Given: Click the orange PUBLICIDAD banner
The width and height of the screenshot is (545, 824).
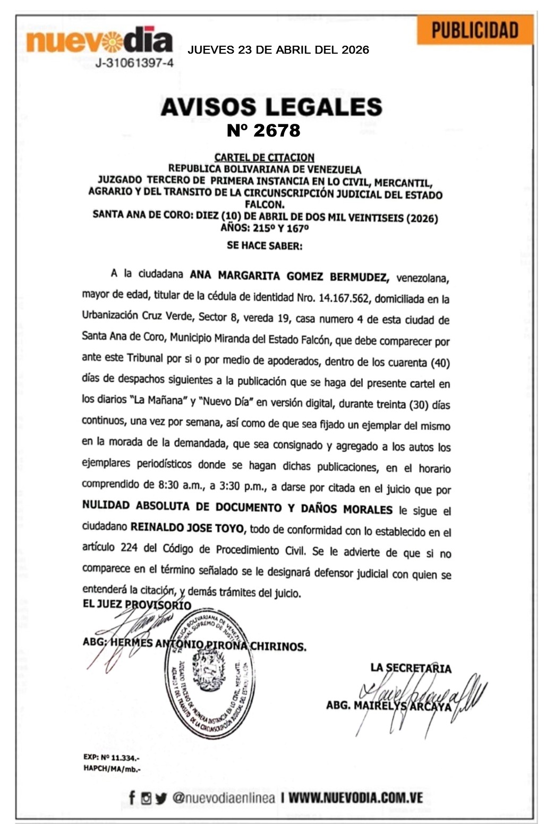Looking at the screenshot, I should (474, 30).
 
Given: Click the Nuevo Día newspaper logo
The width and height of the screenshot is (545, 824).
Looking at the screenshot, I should (99, 40).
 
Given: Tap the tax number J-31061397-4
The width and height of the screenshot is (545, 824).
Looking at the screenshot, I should (134, 63).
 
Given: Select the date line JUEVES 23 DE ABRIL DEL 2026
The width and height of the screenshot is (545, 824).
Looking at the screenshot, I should (278, 50).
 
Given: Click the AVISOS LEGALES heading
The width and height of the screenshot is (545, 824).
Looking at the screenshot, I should (271, 107).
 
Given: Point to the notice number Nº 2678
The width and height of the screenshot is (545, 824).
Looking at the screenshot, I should (263, 131).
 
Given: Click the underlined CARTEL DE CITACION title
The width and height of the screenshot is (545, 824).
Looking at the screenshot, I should (264, 157).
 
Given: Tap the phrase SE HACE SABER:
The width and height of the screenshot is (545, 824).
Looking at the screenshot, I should (264, 245).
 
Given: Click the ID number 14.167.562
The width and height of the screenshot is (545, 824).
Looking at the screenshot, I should (343, 298).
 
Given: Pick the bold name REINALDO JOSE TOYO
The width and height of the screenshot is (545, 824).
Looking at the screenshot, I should (188, 528).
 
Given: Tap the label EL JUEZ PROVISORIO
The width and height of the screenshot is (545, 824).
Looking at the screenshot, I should (137, 605).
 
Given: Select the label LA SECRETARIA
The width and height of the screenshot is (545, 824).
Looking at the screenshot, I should (411, 668).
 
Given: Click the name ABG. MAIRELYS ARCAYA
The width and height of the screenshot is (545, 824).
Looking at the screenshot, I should (388, 706).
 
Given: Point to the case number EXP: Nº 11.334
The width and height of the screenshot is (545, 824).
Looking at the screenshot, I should (112, 758).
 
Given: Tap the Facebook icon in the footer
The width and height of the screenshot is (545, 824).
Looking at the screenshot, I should (132, 797).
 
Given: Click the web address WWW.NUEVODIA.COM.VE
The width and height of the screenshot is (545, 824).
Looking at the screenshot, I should (356, 797).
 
